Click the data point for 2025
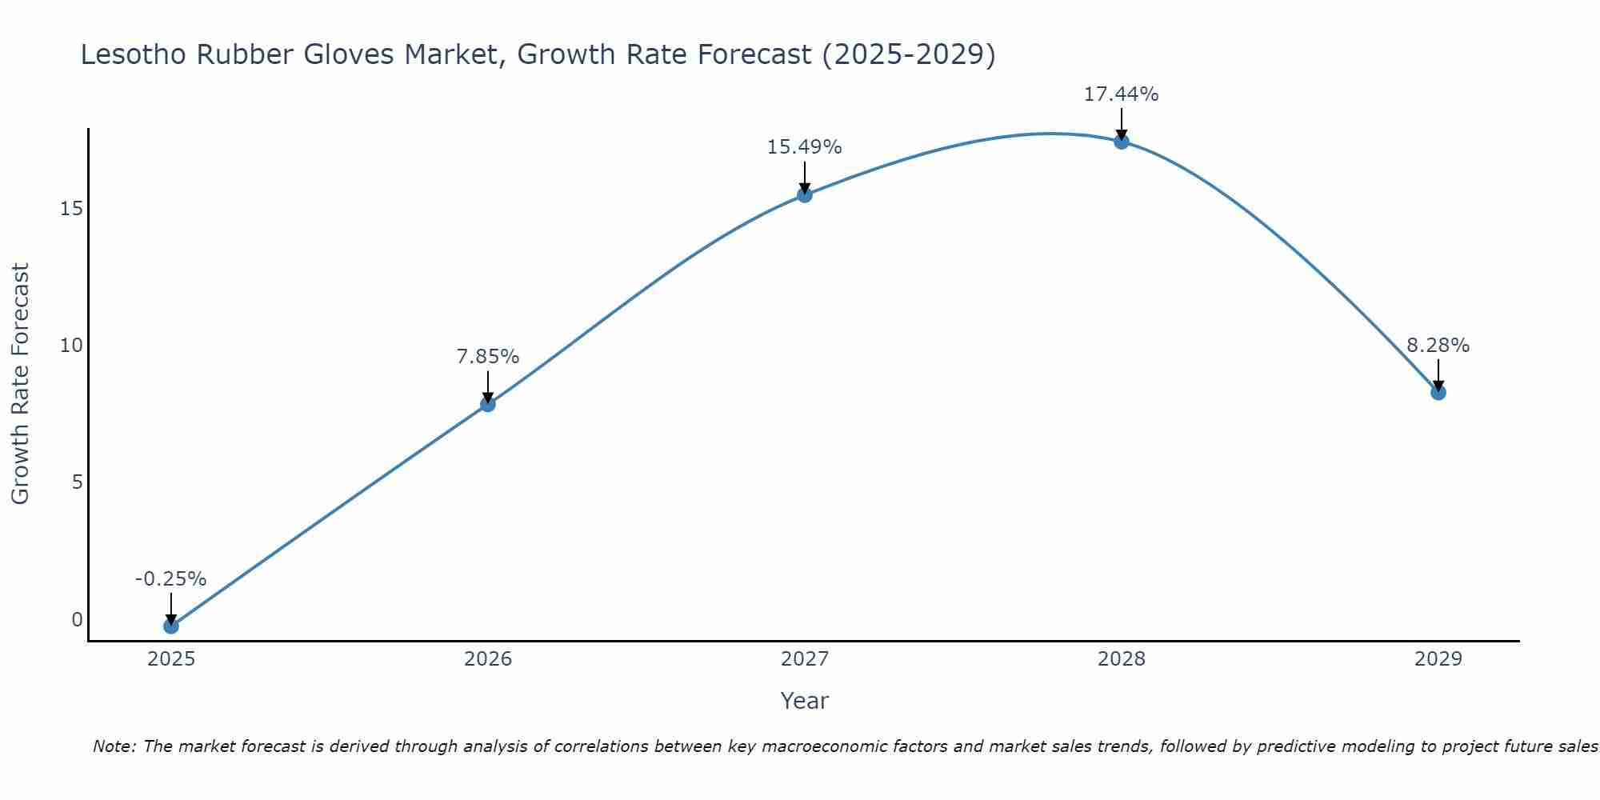(x=170, y=626)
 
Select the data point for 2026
(x=487, y=404)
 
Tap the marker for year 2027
(x=804, y=194)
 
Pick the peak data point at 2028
(x=1121, y=142)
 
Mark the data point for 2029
(x=1438, y=393)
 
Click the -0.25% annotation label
(x=170, y=579)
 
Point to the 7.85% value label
(x=487, y=357)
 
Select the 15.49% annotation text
(x=804, y=147)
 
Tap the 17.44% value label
(x=1121, y=94)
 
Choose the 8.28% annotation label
(x=1438, y=346)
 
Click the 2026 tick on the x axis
(x=487, y=659)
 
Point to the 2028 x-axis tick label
(x=1121, y=659)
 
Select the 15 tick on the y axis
(x=71, y=209)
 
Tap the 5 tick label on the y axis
(x=77, y=482)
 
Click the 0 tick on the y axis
(x=77, y=620)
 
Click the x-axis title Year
(x=804, y=701)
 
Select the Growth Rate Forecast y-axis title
(x=21, y=384)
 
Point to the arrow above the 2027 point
(x=804, y=176)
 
